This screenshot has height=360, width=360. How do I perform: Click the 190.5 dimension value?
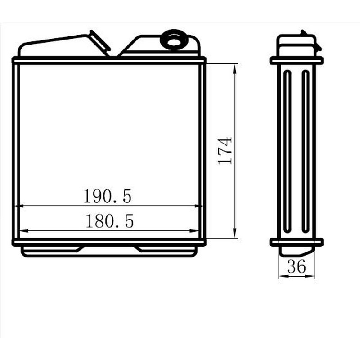[x=108, y=196]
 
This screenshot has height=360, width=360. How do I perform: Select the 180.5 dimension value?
[x=109, y=221]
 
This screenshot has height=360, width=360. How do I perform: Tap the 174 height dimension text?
[x=225, y=151]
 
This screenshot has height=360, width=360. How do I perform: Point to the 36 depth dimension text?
[x=297, y=266]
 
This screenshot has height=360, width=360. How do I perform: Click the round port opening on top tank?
[x=174, y=41]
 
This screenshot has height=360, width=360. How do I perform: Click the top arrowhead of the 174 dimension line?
[x=234, y=69]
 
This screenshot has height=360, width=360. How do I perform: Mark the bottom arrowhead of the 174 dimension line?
[x=234, y=233]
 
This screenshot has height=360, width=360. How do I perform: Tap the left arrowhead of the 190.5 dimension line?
[x=19, y=206]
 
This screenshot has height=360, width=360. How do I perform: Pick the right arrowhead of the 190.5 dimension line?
[x=198, y=206]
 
